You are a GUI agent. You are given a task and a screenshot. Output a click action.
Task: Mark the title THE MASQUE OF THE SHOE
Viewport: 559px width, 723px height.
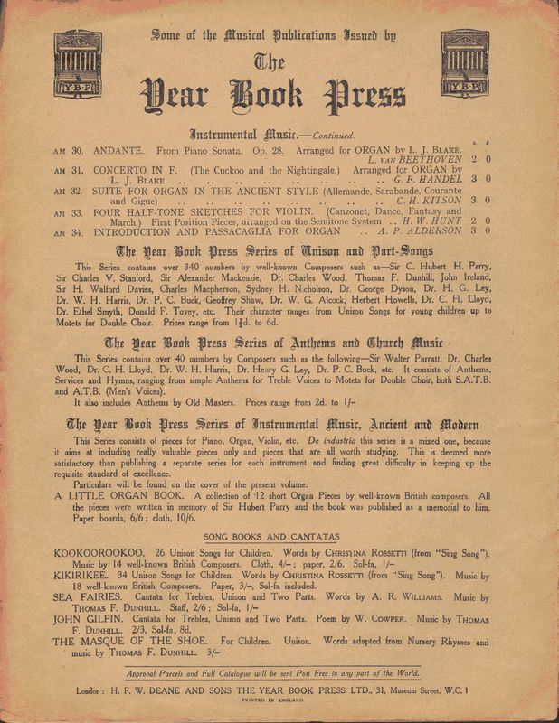[x=127, y=642]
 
